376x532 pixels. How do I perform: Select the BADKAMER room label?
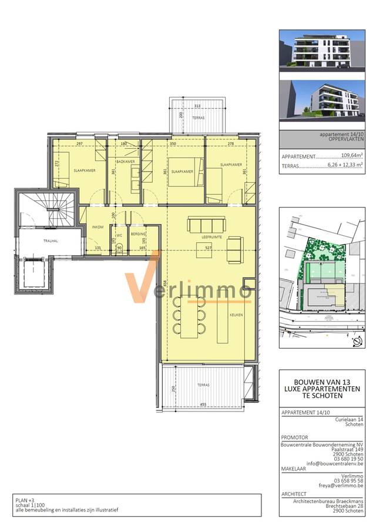(125, 161)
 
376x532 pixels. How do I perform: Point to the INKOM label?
(98, 227)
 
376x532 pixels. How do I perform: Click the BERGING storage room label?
(139, 233)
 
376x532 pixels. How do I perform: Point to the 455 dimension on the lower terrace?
(203, 404)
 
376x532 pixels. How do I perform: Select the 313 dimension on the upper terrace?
(197, 106)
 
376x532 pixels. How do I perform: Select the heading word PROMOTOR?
(296, 437)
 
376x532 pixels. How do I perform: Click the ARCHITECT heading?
(295, 494)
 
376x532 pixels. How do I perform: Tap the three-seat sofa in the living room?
(206, 225)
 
